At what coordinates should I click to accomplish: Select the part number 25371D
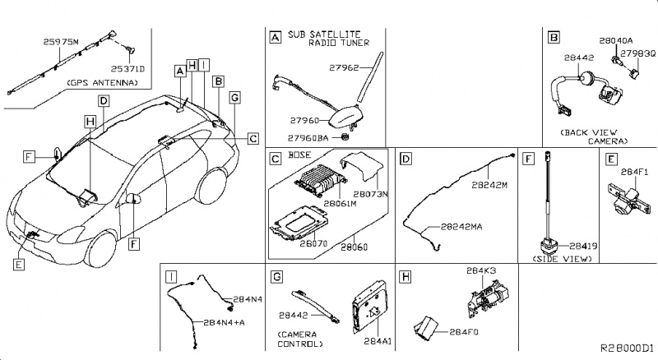pos(129,69)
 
